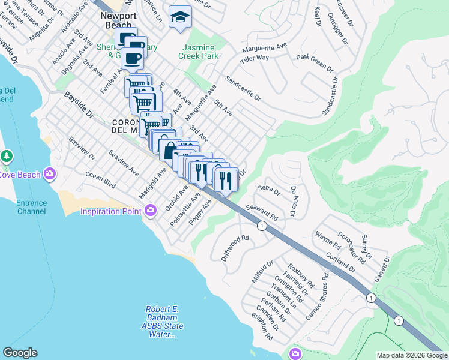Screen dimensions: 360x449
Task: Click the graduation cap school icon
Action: click(179, 18)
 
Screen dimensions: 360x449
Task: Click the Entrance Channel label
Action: click(31, 207)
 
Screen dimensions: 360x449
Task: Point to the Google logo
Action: click(20, 353)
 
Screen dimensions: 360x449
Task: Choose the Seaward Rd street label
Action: click(262, 213)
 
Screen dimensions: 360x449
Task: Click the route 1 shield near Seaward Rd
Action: click(262, 226)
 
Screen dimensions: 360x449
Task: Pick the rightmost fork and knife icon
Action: click(226, 179)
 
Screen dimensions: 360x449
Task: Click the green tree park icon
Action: click(7, 157)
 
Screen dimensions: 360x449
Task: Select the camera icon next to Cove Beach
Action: click(49, 174)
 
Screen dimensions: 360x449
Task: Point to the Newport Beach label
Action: click(118, 20)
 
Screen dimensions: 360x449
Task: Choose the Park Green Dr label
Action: click(313, 59)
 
